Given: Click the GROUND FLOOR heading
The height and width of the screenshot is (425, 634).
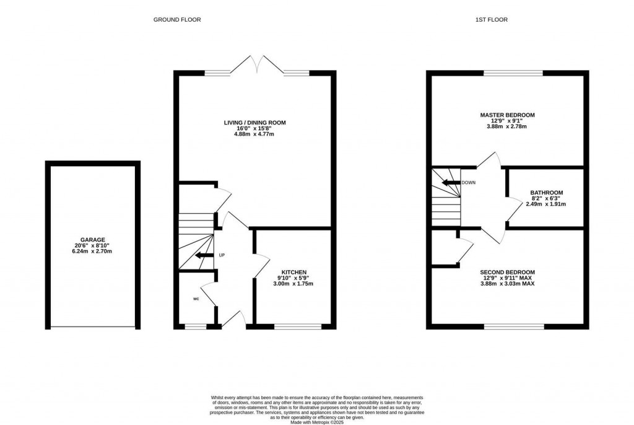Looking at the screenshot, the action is point(177,19).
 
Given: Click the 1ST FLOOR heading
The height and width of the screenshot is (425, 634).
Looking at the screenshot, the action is point(491,19).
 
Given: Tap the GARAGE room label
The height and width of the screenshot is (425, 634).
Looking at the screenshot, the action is point(93,240).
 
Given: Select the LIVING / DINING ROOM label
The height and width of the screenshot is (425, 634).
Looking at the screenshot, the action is point(254,123).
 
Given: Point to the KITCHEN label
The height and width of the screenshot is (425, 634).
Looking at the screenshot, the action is point(294,273).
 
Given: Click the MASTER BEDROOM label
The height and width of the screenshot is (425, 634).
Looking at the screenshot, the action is point(508,115).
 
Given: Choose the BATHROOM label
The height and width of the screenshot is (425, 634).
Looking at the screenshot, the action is point(547,193).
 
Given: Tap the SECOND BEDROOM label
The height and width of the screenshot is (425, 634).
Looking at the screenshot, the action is point(508,273).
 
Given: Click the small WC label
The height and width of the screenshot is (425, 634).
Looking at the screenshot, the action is point(196,299).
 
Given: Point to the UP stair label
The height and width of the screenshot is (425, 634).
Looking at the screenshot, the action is point(222,255).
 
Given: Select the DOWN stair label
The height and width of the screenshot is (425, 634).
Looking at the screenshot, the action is point(468,183).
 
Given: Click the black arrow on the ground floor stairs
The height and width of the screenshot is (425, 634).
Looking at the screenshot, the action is point(204,255).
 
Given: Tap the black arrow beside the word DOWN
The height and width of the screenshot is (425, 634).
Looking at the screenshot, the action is point(451,183).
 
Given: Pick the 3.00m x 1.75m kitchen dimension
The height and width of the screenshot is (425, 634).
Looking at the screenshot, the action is point(293,284).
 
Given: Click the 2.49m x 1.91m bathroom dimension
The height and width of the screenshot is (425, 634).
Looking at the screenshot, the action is point(546,204).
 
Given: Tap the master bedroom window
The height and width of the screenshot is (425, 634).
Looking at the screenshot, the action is point(513,73).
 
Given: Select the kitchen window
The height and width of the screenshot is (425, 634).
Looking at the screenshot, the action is point(298,326).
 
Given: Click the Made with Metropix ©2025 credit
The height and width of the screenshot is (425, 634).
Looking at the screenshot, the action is point(317,422).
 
